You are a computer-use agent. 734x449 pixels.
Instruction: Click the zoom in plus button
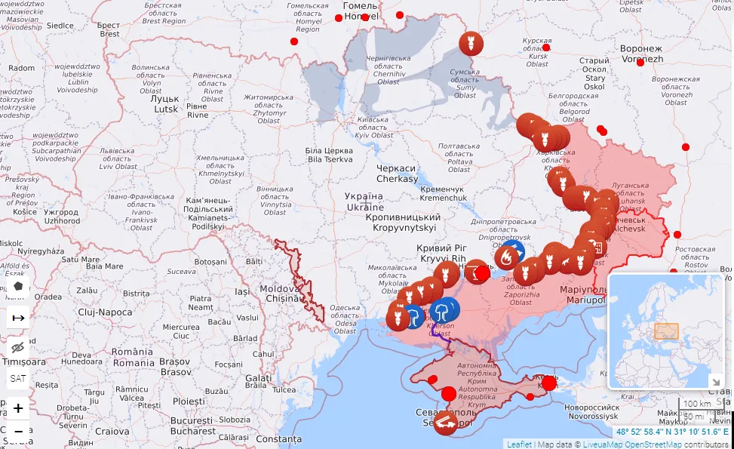point(18,408)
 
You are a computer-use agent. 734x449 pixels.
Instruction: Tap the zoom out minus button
point(18,431)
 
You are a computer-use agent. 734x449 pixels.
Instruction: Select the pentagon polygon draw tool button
point(18,287)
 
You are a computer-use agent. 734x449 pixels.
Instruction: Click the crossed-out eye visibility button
point(18,347)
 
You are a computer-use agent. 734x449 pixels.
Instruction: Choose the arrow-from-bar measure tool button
point(18,318)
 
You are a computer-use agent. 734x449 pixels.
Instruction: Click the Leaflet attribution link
point(518,444)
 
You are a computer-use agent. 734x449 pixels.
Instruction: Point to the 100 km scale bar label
point(696,404)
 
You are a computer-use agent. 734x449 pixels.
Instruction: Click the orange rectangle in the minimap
point(666,331)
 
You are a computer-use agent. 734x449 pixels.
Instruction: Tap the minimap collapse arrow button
point(714,381)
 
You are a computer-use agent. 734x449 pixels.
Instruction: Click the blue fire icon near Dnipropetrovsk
point(514,251)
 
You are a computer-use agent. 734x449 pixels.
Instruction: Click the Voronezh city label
point(641,54)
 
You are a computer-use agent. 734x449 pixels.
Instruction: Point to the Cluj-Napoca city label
point(105,312)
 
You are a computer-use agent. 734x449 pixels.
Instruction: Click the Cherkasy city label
point(398,174)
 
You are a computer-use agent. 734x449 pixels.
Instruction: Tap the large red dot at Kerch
point(548,383)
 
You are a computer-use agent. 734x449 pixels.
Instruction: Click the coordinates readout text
point(672,432)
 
